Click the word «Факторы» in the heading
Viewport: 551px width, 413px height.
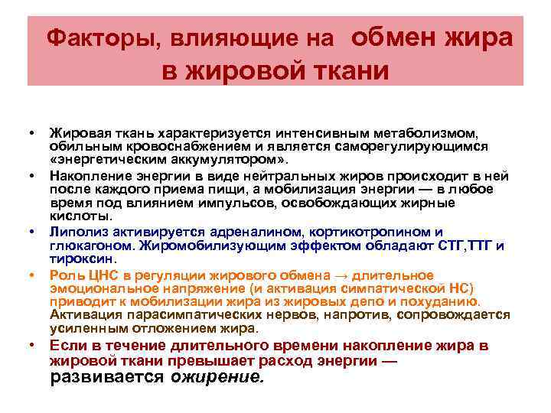(x=98, y=37)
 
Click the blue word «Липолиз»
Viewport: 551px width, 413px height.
(x=75, y=231)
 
